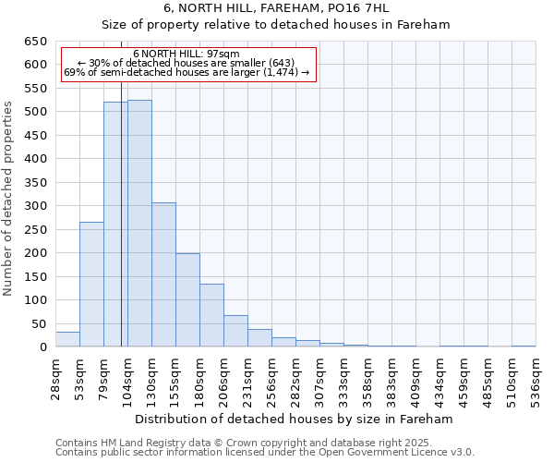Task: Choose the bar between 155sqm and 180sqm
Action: (187, 300)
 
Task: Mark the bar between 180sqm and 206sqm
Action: (211, 315)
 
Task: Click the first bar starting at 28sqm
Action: (67, 339)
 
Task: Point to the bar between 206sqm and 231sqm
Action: (235, 331)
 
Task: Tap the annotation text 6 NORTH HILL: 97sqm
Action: (187, 55)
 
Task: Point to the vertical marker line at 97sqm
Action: (121, 231)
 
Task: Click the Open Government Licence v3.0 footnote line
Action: (265, 452)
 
